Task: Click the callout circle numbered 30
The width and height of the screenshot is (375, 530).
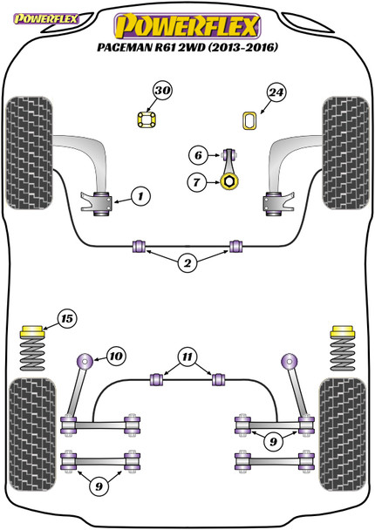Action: [x=163, y=91]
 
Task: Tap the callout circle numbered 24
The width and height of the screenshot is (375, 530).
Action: [x=276, y=92]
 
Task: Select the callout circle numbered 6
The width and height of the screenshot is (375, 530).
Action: [x=198, y=155]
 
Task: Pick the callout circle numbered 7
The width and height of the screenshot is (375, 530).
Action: [x=197, y=182]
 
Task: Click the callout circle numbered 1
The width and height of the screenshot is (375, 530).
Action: [x=140, y=196]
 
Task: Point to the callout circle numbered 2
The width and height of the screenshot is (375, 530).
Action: [x=187, y=263]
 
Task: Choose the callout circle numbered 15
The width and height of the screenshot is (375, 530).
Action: [x=67, y=319]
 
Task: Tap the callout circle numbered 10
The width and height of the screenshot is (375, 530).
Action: [x=116, y=356]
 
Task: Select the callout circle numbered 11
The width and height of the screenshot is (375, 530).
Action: [x=187, y=357]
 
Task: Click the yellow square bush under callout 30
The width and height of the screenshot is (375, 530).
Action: [x=147, y=119]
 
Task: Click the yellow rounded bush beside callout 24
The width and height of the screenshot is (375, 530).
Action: [x=249, y=120]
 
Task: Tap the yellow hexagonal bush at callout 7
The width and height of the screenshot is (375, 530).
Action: [x=229, y=181]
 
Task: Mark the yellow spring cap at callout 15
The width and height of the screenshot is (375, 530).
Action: [x=32, y=331]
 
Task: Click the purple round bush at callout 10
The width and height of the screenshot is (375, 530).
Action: [x=85, y=362]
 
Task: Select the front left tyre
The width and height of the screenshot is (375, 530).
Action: [x=29, y=153]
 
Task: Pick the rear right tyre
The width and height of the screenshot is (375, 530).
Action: [x=343, y=434]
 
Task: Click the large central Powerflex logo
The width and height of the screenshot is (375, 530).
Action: [x=187, y=25]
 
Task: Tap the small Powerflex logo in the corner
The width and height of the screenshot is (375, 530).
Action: [x=45, y=18]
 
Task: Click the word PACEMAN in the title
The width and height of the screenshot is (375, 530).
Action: [x=124, y=47]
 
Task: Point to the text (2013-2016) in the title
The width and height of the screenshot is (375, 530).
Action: [x=243, y=47]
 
